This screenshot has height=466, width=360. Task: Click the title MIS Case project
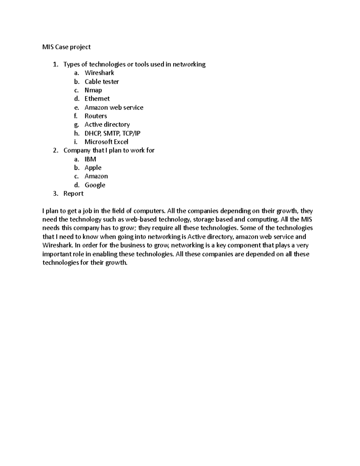coord(66,47)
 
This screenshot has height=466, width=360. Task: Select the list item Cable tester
coord(102,82)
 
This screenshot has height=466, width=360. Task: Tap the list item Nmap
coord(93,90)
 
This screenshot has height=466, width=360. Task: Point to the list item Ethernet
coord(97,99)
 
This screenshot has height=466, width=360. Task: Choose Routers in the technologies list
coord(96,116)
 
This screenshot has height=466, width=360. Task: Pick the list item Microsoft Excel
coord(106,142)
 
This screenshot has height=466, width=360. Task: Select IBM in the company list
coord(90,159)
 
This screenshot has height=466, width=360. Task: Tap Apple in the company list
coord(93,168)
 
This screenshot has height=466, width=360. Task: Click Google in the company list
coord(95,185)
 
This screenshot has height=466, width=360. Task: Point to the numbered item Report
coord(73,194)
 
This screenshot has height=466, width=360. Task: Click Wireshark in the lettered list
coord(99,73)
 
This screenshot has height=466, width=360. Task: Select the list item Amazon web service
coord(114,107)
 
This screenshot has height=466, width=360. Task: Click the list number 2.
coord(55,151)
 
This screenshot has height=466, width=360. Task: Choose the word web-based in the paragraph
coord(141,220)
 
